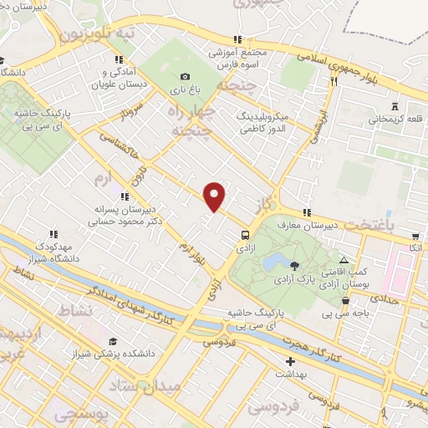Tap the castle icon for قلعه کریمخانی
(394, 108)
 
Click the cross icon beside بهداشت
(290, 362)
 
